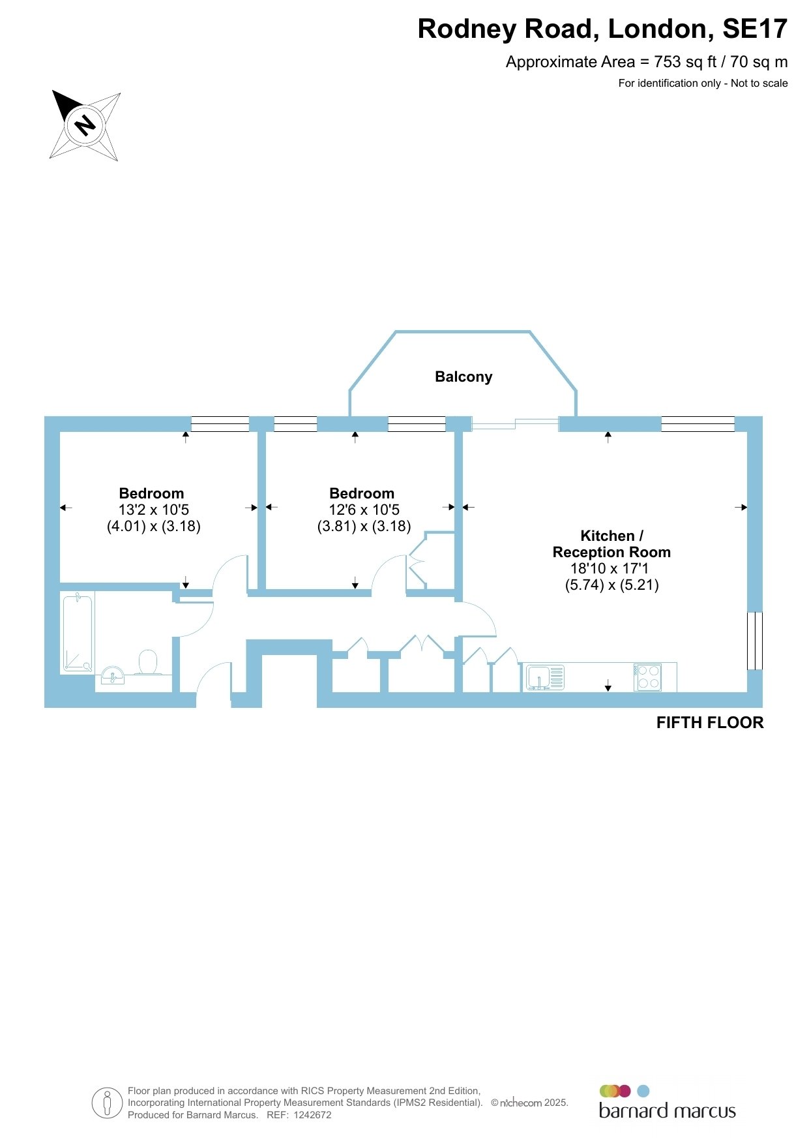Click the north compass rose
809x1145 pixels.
click(85, 125)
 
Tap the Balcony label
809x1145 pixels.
click(463, 376)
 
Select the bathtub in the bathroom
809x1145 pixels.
click(78, 633)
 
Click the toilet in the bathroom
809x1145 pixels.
click(148, 662)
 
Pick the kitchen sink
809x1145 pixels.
click(545, 677)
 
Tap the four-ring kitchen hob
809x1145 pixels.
click(647, 677)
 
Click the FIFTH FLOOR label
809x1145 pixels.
click(710, 723)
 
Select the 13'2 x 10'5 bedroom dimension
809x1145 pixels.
click(154, 510)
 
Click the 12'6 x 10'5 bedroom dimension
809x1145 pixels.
click(364, 510)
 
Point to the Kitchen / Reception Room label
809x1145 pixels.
click(611, 544)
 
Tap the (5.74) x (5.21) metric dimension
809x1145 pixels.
click(612, 585)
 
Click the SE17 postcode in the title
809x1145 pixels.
click(755, 29)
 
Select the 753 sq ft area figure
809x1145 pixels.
click(685, 62)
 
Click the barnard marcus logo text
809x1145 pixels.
click(668, 1110)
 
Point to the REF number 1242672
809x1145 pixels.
click(313, 1115)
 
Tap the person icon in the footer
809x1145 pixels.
click(108, 1103)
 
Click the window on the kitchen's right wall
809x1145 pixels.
click(754, 641)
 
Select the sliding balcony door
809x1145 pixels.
click(515, 424)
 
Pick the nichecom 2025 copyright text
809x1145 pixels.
click(529, 1103)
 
